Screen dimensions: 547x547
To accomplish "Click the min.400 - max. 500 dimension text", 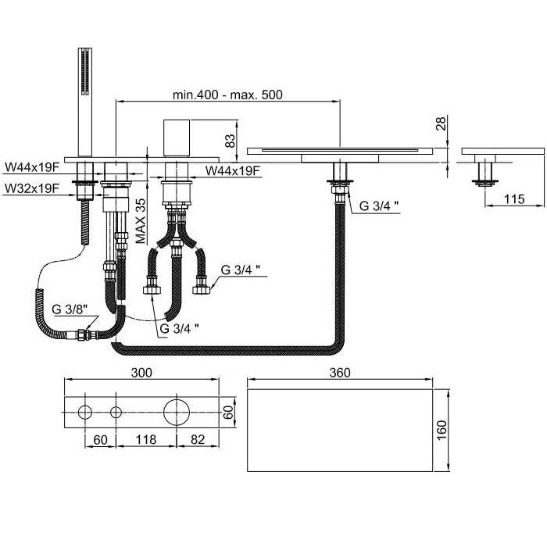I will pos(227,95).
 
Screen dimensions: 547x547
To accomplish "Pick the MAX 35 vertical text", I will pos(141,220).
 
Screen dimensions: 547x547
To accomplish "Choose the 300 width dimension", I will pos(141,374).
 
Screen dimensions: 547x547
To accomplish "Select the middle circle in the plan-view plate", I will pos(116,412).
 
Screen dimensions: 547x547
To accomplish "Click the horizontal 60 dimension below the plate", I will pos(100,441).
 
